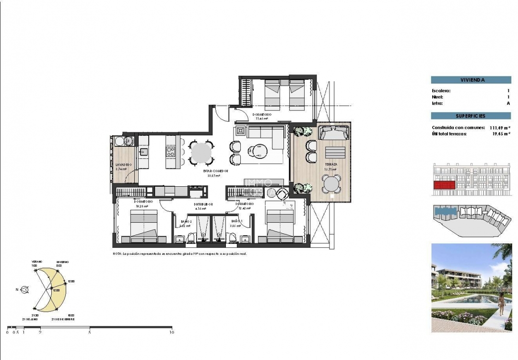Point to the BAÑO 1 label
pyautogui.click(x=236, y=221)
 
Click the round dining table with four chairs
pyautogui.click(x=200, y=153)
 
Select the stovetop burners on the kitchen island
pyautogui.click(x=171, y=152)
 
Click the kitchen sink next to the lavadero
pyautogui.click(x=143, y=152)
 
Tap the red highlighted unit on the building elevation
pyautogui.click(x=444, y=185)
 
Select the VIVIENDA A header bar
pyautogui.click(x=470, y=80)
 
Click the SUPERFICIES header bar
pyautogui.click(x=470, y=116)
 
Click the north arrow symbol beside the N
pyautogui.click(x=26, y=289)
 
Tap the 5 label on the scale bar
pyautogui.click(x=90, y=332)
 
